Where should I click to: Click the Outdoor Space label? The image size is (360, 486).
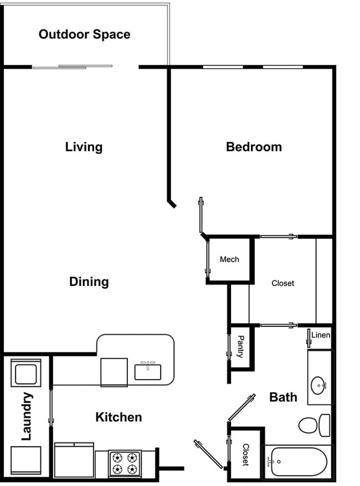84,34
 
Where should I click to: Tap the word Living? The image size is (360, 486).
84,147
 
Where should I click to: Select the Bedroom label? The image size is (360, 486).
254,147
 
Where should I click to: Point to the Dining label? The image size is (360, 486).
89,282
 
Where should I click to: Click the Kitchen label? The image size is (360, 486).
119,417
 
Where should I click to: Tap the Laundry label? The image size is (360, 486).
26,416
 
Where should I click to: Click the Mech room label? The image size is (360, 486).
229,259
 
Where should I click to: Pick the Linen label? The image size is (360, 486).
321,335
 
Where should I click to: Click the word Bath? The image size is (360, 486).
283,397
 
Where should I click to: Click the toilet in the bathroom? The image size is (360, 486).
313,425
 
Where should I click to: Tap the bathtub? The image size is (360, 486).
297,462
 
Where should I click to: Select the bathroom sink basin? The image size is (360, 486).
318,384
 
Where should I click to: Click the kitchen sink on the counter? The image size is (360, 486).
147,371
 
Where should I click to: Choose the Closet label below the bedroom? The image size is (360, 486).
282,283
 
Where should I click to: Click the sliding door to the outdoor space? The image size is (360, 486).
73,67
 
